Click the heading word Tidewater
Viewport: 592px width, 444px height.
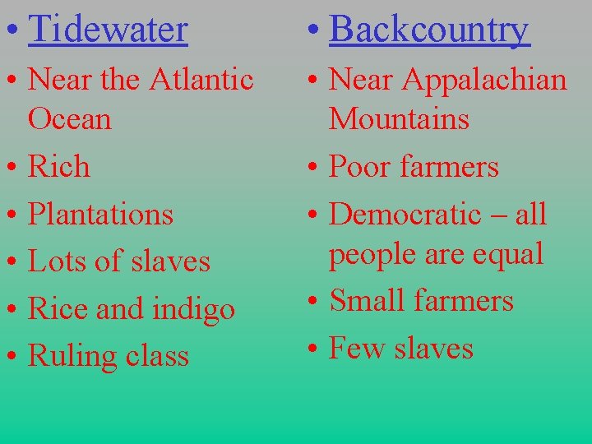[x=108, y=30]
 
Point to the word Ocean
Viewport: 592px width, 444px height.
[x=70, y=119]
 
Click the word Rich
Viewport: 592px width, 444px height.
[x=59, y=167]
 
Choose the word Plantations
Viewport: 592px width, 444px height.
[x=101, y=214]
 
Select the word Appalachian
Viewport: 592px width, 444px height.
[x=488, y=80]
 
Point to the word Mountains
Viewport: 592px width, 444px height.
[x=399, y=119]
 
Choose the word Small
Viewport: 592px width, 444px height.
[x=366, y=301]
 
